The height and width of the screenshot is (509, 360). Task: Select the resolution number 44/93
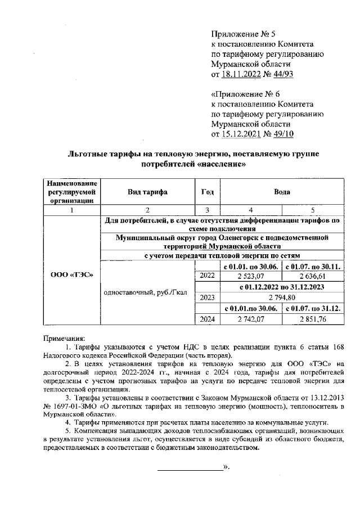point(283,74)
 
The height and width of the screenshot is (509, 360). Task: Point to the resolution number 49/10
point(283,134)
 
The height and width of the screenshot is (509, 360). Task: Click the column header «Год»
point(207,192)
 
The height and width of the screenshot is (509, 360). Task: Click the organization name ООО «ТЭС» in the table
point(71,275)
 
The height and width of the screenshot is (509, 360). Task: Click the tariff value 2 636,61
point(313,276)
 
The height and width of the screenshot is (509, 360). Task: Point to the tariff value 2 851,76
point(313,319)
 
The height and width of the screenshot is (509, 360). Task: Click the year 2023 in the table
point(207,298)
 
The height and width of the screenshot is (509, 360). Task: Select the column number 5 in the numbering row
point(313,209)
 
